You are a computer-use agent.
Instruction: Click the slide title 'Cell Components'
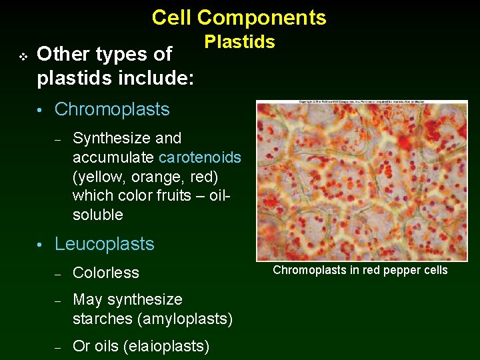coord(239,17)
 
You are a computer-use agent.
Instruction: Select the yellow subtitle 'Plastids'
coord(239,42)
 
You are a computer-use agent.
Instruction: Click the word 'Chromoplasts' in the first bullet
coord(112,109)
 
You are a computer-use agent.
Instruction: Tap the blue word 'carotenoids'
coord(200,157)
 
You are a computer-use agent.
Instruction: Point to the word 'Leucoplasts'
coord(104,244)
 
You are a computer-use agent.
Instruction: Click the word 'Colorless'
coord(105,273)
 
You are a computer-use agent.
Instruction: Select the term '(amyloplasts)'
coord(185,319)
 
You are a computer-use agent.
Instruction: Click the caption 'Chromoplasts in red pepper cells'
coord(360,270)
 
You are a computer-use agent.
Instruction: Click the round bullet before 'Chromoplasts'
coord(41,110)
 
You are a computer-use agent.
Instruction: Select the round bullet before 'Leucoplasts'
coord(41,245)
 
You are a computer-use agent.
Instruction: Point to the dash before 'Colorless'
coord(58,274)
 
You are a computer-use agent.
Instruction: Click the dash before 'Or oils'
coord(58,347)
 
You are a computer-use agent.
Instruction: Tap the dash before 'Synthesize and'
coord(58,139)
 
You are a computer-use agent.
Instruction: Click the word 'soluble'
coord(98,215)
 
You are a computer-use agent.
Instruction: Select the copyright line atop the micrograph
coord(362,102)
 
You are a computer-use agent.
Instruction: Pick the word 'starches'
coord(103,319)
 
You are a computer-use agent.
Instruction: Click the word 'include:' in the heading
coord(156,79)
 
